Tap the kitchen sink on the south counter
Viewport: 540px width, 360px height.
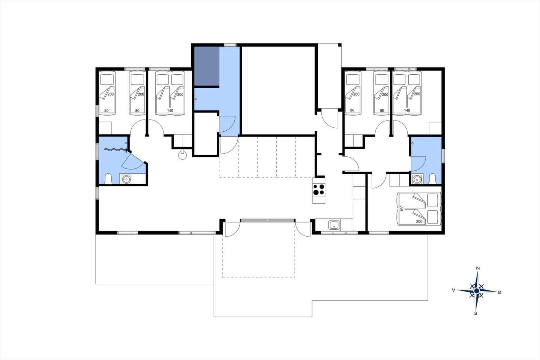click(x=334, y=225)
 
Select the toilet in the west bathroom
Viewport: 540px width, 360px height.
click(x=108, y=179)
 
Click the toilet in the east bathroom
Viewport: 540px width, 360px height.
click(x=432, y=179)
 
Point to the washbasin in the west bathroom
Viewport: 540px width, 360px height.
click(x=126, y=179)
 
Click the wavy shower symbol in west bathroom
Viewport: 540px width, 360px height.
click(x=115, y=150)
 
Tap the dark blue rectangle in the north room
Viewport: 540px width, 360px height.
click(x=207, y=66)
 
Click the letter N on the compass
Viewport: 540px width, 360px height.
click(x=478, y=268)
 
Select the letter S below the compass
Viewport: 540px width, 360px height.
click(x=476, y=313)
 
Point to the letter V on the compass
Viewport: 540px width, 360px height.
click(x=454, y=290)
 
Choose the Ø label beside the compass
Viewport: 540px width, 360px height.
click(x=500, y=292)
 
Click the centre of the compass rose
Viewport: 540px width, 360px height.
click(x=476, y=291)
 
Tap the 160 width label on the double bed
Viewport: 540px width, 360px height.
click(x=402, y=208)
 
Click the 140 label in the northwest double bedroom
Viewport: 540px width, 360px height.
click(x=170, y=110)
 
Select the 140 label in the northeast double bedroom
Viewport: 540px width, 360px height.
click(x=407, y=110)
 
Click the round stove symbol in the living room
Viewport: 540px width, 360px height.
click(x=183, y=155)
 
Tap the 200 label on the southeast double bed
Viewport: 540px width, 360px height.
click(x=419, y=221)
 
